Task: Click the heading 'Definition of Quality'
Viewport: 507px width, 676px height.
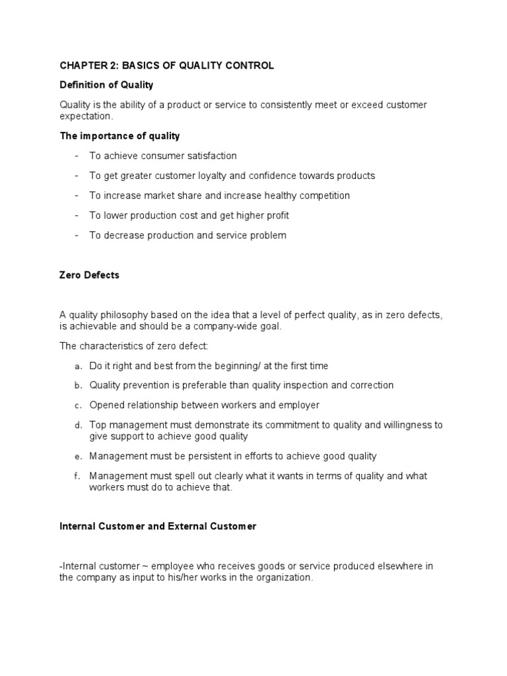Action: click(x=106, y=85)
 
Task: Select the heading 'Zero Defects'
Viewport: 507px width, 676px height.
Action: click(x=89, y=275)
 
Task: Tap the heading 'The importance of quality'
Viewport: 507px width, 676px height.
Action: click(x=119, y=136)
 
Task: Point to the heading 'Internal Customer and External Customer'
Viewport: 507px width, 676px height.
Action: click(x=158, y=526)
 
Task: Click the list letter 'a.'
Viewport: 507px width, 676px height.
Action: click(x=78, y=366)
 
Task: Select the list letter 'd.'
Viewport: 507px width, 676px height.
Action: click(x=78, y=425)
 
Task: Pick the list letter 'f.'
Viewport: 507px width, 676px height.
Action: click(x=78, y=476)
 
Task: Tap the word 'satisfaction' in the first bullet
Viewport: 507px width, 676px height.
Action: click(x=209, y=156)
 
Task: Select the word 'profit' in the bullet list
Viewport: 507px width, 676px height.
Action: click(x=275, y=215)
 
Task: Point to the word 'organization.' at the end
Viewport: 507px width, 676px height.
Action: click(x=281, y=577)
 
